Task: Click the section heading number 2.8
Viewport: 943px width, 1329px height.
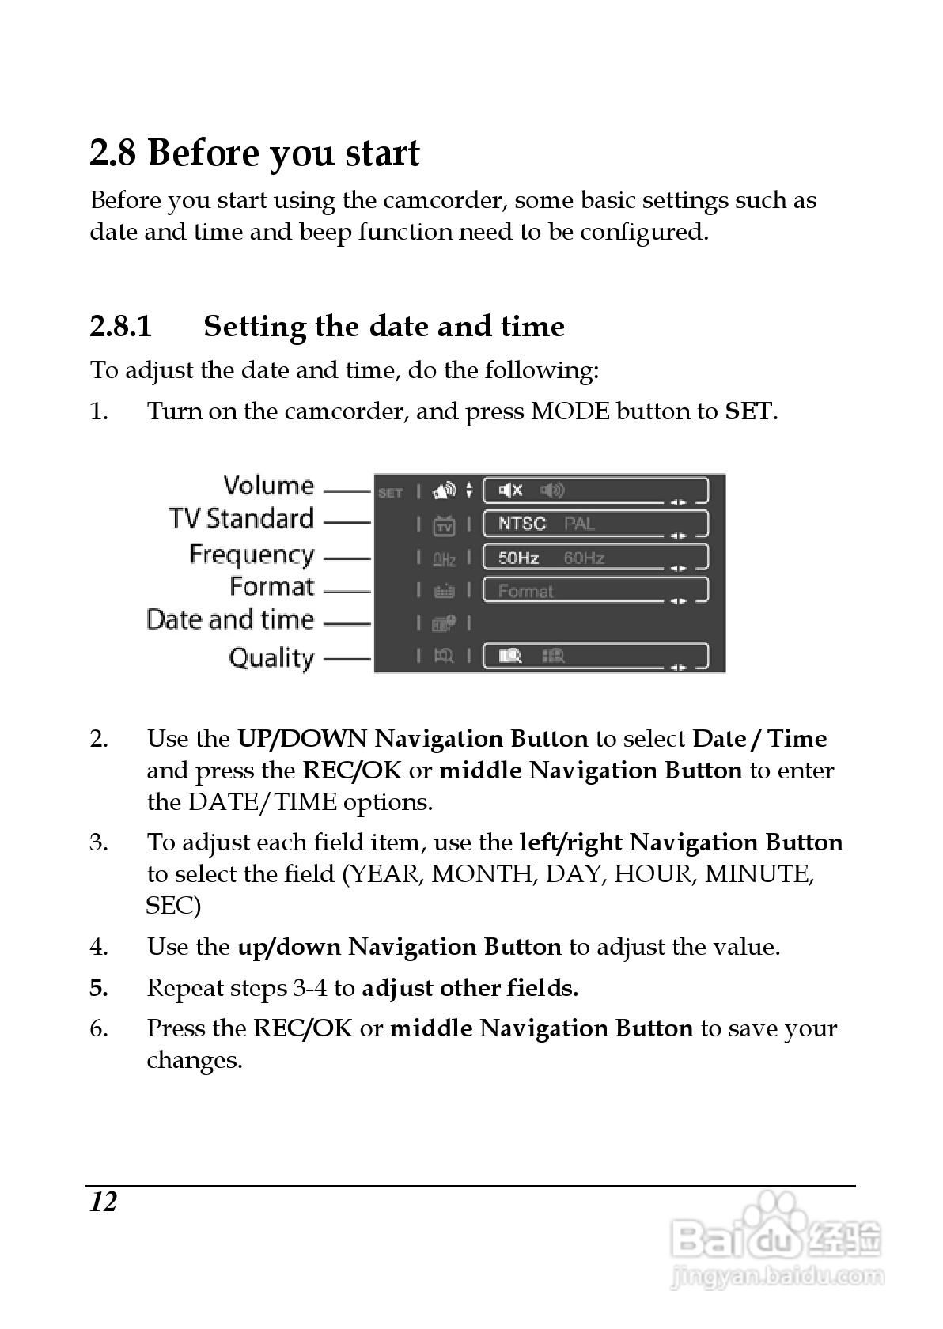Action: click(113, 153)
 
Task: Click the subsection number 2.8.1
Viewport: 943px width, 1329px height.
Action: click(120, 327)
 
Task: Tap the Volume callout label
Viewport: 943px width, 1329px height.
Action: click(268, 486)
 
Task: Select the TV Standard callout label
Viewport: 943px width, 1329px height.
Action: click(241, 519)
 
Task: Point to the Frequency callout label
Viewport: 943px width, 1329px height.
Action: click(252, 555)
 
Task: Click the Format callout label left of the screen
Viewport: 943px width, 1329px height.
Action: click(271, 587)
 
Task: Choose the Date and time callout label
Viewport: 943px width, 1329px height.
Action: click(230, 619)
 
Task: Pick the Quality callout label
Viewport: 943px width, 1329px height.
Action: click(271, 658)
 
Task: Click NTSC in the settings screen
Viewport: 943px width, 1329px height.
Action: click(521, 524)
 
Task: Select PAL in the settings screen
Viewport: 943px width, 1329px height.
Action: click(580, 524)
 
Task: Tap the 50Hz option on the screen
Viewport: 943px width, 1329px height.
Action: click(518, 558)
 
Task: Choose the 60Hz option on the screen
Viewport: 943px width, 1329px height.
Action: click(584, 558)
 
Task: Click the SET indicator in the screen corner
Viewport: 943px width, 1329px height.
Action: click(391, 493)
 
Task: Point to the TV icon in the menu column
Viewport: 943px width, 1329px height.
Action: click(444, 525)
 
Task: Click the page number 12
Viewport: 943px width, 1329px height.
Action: click(103, 1202)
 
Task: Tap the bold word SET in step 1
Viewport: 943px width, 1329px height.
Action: click(748, 411)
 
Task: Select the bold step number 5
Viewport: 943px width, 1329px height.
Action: click(98, 988)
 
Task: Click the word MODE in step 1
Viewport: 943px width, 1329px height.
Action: click(570, 411)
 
